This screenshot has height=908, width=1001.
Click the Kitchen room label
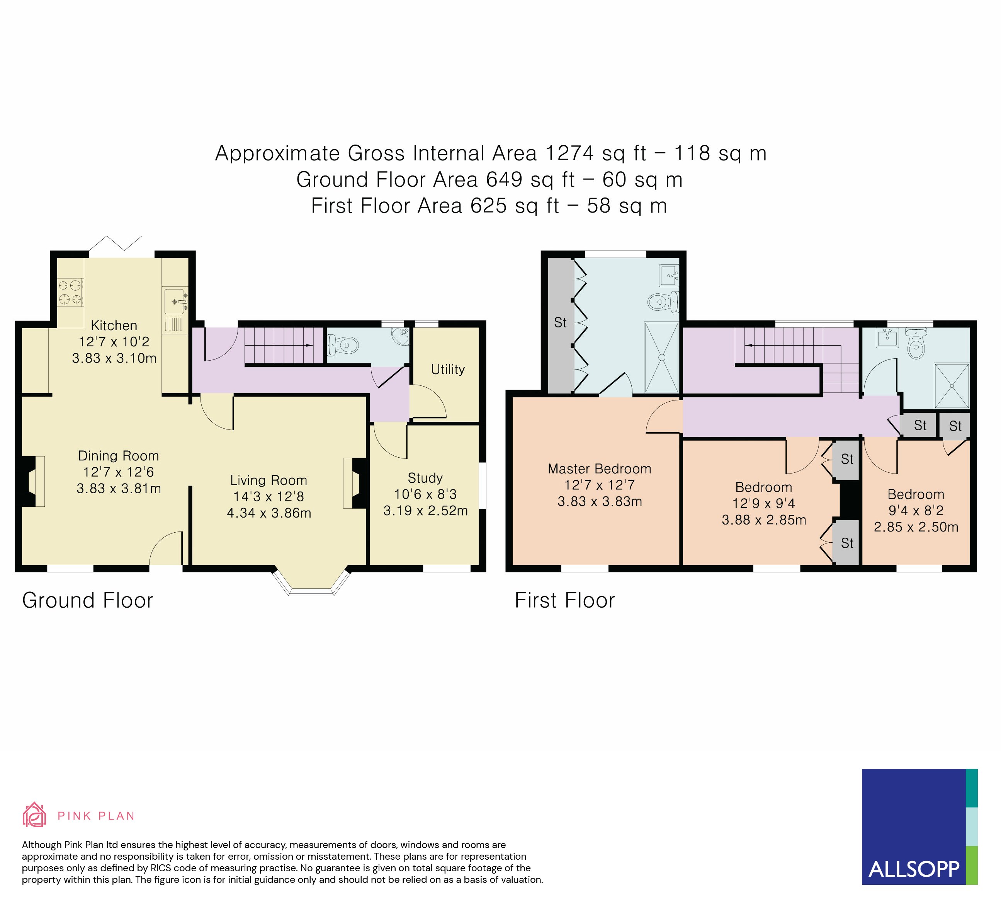pyautogui.click(x=114, y=326)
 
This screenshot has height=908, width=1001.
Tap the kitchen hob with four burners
pyautogui.click(x=70, y=293)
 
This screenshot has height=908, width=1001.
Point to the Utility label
pyautogui.click(x=448, y=370)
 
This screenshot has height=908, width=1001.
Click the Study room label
pyautogui.click(x=425, y=478)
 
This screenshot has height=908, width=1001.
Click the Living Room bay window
pyautogui.click(x=312, y=583)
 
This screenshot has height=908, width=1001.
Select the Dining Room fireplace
pyautogui.click(x=33, y=481)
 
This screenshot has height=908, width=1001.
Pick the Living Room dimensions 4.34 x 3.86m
pyautogui.click(x=269, y=513)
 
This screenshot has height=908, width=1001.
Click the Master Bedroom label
pyautogui.click(x=599, y=469)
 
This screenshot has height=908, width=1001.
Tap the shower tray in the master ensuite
pyautogui.click(x=661, y=358)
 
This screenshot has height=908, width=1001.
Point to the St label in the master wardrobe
pyautogui.click(x=560, y=323)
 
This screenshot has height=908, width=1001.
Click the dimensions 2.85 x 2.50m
pyautogui.click(x=916, y=527)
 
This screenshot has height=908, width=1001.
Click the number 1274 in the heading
pyautogui.click(x=569, y=153)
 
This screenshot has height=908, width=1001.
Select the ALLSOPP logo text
pyautogui.click(x=914, y=869)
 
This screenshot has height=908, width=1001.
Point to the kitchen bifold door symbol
pyautogui.click(x=116, y=244)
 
